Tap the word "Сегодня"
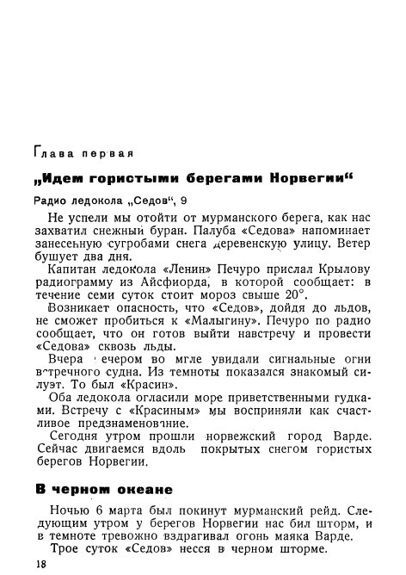76,436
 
